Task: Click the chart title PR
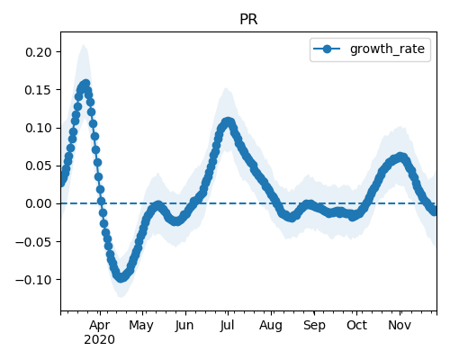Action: point(248,20)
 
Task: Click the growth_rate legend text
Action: point(387,49)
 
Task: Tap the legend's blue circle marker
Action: point(327,49)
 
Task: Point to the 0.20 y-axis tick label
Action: point(39,52)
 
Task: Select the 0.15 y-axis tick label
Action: point(39,90)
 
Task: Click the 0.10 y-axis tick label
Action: point(39,128)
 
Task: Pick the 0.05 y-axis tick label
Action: point(39,166)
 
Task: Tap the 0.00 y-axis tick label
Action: point(39,203)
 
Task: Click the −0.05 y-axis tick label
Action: point(34,242)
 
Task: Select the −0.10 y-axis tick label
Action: point(34,280)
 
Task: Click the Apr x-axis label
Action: point(100,325)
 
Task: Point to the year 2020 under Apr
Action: point(99,340)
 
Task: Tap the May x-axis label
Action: point(141,325)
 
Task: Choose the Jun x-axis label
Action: point(184,325)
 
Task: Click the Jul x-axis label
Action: point(227,325)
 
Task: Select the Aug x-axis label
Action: point(271,325)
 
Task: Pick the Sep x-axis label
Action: point(314,325)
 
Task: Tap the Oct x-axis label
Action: point(356,325)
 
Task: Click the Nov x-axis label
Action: point(400,325)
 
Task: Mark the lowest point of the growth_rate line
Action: point(121,278)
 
